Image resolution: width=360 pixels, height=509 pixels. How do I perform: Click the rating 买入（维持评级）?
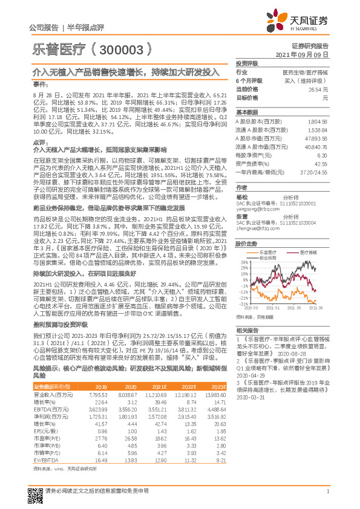tap(306, 80)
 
